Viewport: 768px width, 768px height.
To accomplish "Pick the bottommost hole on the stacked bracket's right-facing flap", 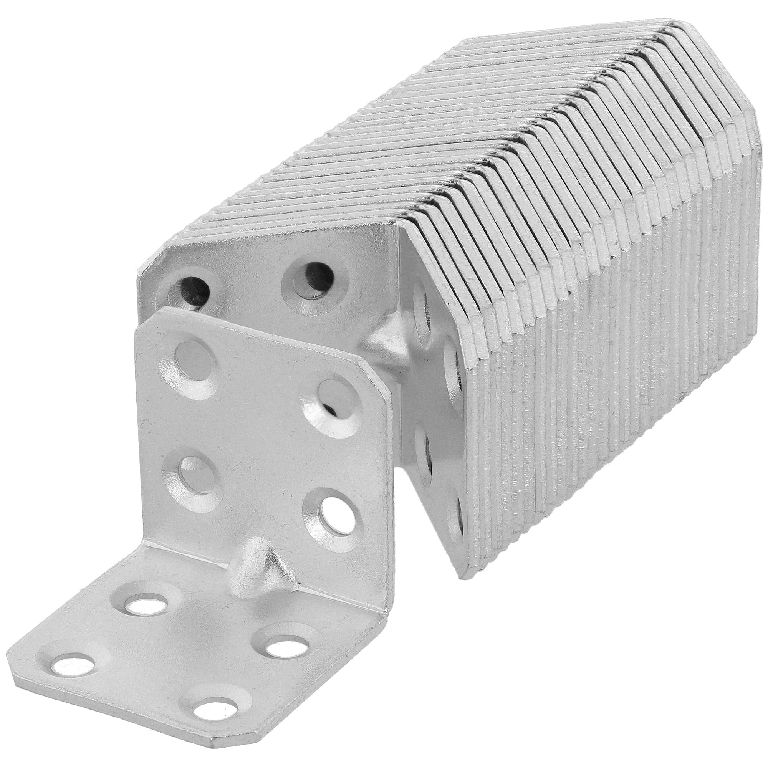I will [x=456, y=524].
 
